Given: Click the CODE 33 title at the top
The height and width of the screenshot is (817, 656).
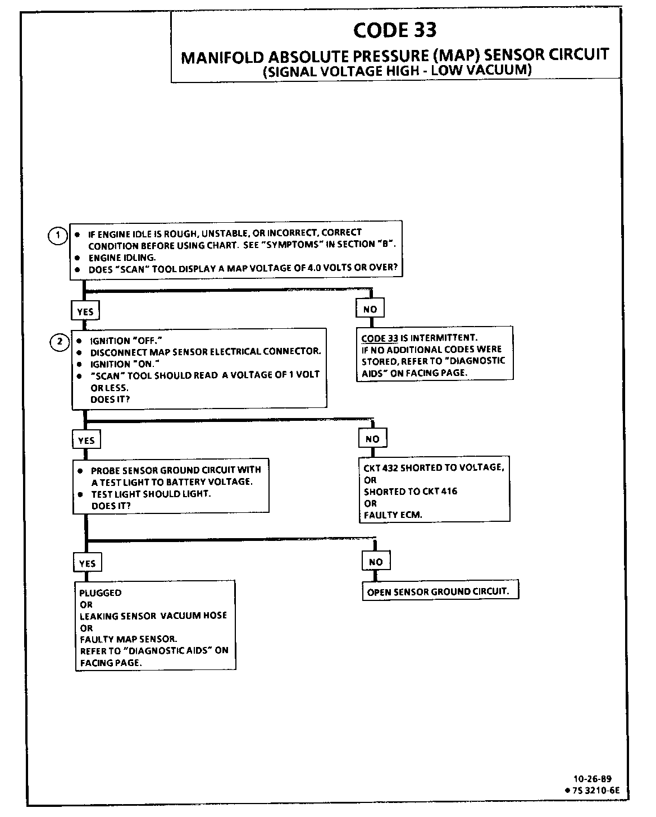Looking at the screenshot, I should pyautogui.click(x=395, y=30).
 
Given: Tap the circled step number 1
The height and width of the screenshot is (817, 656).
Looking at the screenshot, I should pyautogui.click(x=57, y=236).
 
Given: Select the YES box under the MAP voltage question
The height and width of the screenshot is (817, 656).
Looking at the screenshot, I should pyautogui.click(x=85, y=311).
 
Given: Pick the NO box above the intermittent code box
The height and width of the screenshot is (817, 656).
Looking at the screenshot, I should pyautogui.click(x=370, y=309).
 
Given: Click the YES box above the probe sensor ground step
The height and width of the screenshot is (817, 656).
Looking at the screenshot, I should pyautogui.click(x=86, y=440).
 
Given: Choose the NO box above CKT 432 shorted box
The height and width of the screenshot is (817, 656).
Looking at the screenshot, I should pyautogui.click(x=372, y=439).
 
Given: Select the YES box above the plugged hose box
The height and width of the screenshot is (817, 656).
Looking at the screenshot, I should pyautogui.click(x=88, y=563).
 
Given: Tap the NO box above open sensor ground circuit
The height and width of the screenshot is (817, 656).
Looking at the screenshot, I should pyautogui.click(x=376, y=562).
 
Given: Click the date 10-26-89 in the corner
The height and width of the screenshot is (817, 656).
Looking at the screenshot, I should pyautogui.click(x=593, y=779).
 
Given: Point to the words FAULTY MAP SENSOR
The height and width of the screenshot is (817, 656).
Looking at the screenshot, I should pyautogui.click(x=128, y=639).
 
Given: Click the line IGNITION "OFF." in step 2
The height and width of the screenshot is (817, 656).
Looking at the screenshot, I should pyautogui.click(x=122, y=341).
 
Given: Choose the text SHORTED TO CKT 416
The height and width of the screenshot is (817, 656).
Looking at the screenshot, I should pyautogui.click(x=410, y=492).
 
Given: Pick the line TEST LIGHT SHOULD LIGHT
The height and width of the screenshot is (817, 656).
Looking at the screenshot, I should pyautogui.click(x=151, y=494).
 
